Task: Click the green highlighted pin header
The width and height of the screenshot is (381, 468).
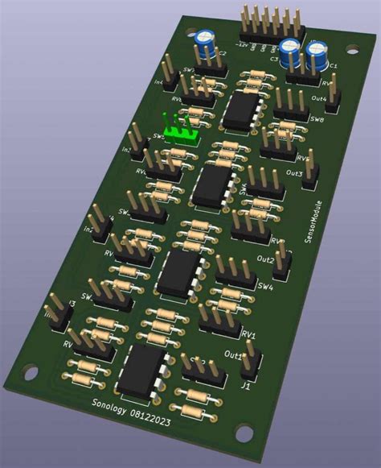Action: [180, 129]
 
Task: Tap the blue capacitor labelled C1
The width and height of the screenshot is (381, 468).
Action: [318, 56]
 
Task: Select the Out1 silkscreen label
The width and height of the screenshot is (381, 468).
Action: [234, 355]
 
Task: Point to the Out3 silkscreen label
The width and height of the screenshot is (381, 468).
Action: [295, 173]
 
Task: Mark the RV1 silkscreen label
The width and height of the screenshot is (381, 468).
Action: [249, 333]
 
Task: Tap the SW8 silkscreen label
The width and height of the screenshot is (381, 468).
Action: [316, 120]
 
